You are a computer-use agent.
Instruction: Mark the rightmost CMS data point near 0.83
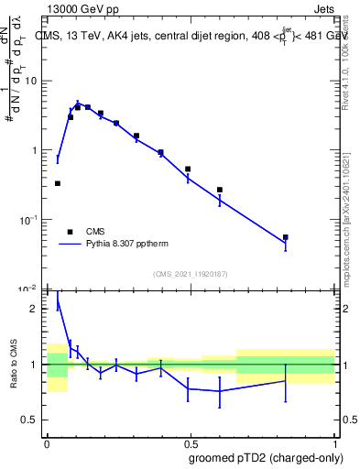[x=285, y=237]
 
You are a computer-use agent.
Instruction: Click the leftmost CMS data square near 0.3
[x=58, y=183]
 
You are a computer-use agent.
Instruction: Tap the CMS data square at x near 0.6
[x=220, y=190]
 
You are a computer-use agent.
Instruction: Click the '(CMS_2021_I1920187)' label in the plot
[x=191, y=274]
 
